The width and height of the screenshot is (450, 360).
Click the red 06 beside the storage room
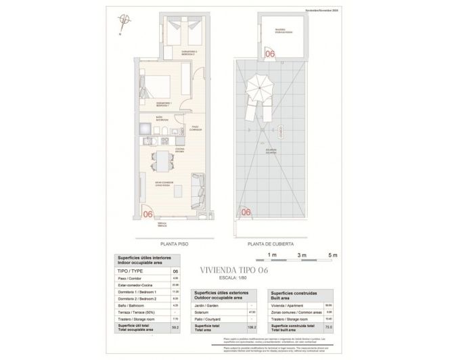tap(269, 53)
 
